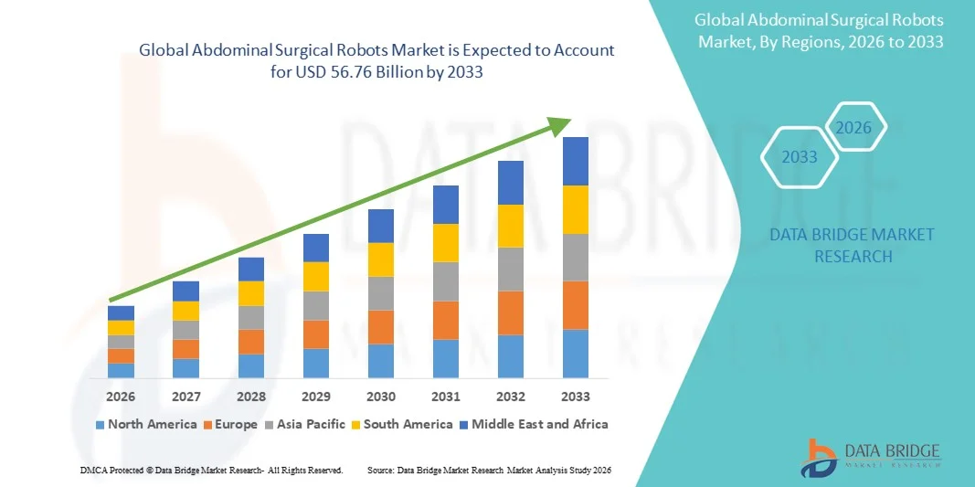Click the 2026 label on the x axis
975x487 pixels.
[121, 397]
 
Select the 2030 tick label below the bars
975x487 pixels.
[381, 397]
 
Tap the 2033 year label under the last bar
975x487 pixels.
[576, 397]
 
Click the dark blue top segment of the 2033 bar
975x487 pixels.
[576, 161]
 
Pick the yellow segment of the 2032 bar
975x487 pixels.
[511, 226]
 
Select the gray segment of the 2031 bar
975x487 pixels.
[446, 281]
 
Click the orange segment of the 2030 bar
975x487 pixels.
[381, 327]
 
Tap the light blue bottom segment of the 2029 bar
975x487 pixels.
[316, 363]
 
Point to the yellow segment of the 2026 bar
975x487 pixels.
[121, 328]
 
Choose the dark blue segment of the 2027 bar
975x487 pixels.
[185, 291]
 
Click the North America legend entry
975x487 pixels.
[145, 424]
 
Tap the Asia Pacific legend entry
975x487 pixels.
[306, 424]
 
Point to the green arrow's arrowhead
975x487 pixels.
[561, 126]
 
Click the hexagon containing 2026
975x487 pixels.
[854, 129]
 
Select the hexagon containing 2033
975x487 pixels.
[800, 157]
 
